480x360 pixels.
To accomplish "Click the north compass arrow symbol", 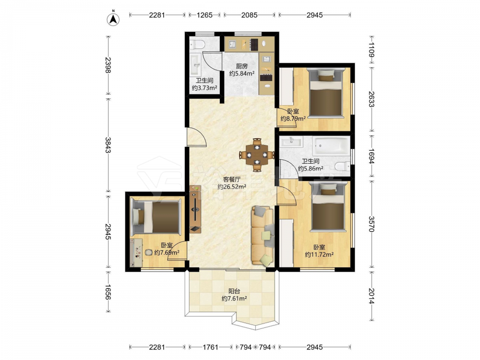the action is click(x=113, y=19).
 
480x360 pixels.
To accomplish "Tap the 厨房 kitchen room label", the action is click(x=241, y=66).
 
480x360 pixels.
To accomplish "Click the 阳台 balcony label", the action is click(x=234, y=291).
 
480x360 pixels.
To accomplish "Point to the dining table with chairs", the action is click(x=257, y=155).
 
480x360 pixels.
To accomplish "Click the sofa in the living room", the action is click(x=263, y=235).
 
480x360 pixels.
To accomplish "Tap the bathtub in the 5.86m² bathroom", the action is click(x=331, y=146).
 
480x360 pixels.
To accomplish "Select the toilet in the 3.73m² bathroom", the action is click(x=197, y=45).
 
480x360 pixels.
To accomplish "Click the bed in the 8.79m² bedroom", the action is click(x=325, y=93).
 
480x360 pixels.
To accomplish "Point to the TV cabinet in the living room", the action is click(x=195, y=209).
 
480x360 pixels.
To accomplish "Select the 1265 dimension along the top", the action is click(x=204, y=15).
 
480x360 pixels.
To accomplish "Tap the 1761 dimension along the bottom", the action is click(x=211, y=347).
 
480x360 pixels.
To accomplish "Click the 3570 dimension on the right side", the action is click(x=372, y=224).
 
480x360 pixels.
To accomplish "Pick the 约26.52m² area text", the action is click(x=232, y=187).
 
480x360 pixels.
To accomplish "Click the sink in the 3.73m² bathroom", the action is click(x=195, y=64).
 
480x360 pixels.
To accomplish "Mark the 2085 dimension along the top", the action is click(x=249, y=15).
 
